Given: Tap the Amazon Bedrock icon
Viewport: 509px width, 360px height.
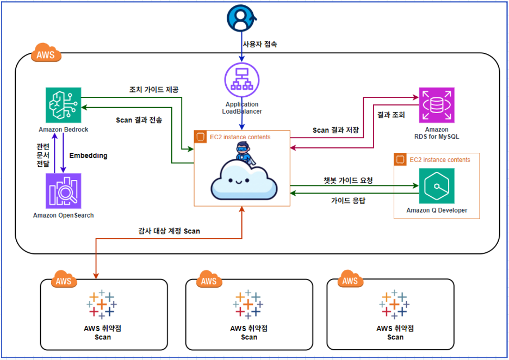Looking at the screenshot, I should (x=63, y=105).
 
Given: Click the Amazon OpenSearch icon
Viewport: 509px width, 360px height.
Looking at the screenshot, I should (x=63, y=191).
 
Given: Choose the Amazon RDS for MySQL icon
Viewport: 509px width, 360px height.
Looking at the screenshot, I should (x=436, y=105).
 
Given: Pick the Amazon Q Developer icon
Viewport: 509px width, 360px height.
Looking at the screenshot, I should (x=437, y=186).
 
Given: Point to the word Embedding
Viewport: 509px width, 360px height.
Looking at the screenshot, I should (x=88, y=156).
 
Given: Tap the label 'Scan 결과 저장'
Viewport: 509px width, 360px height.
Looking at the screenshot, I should (x=336, y=130).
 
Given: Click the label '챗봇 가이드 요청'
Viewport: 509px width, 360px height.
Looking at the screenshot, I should (x=348, y=180).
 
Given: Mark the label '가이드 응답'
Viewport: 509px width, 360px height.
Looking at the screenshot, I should (x=348, y=200).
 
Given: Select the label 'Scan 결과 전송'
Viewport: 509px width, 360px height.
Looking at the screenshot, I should (x=139, y=120).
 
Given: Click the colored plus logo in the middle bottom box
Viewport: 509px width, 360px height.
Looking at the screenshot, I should (x=249, y=304).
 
